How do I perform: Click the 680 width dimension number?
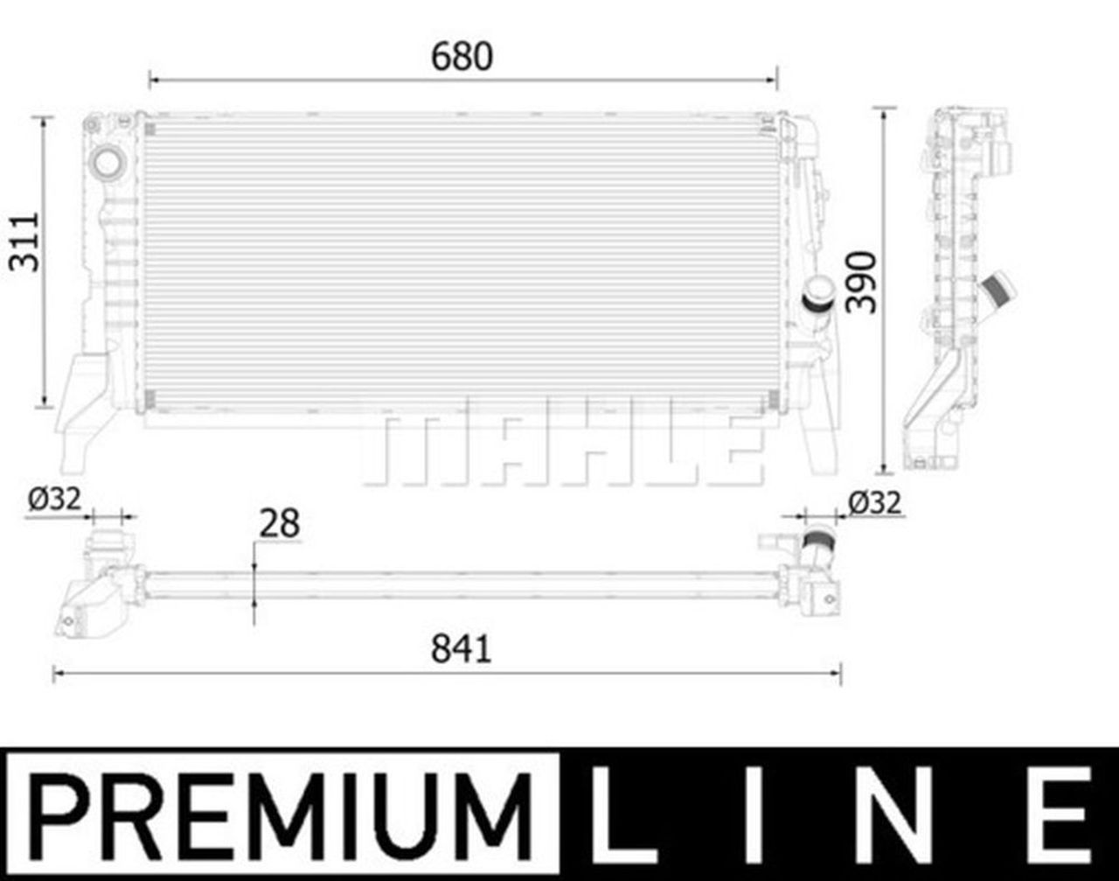coord(462,57)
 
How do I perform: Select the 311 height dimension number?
coord(24,242)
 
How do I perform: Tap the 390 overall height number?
coord(861,282)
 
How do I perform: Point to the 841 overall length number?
coord(462,649)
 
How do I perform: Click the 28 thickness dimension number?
coord(279,524)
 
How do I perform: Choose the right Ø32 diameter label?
coord(874,502)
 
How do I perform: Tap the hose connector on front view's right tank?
coord(819,293)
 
